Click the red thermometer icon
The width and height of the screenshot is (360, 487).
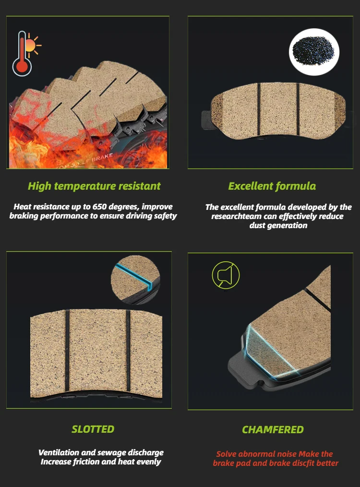tap(22, 53)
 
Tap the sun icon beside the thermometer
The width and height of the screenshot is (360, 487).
tap(32, 45)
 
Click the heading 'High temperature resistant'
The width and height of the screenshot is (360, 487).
tap(94, 186)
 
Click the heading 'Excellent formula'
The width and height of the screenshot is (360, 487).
tap(272, 186)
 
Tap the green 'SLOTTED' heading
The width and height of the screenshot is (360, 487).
tap(93, 429)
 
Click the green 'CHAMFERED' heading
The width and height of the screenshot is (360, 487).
tap(273, 429)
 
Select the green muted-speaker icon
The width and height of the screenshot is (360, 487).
tap(226, 275)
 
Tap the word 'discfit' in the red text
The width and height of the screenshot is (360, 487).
tap(303, 463)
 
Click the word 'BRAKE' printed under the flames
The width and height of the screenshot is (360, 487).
tap(102, 158)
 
